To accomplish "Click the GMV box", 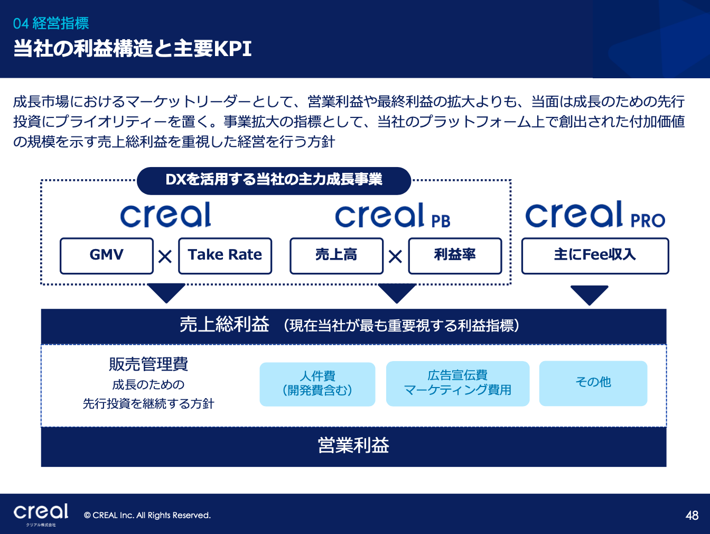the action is tap(106, 256).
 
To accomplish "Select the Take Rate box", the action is tap(225, 256).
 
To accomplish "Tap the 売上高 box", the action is tap(337, 256).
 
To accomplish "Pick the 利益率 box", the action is tap(455, 256).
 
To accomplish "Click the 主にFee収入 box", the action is tap(595, 256).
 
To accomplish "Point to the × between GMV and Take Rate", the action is tap(165, 257).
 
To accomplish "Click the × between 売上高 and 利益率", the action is tap(395, 257).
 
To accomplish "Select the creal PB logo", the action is tap(393, 216).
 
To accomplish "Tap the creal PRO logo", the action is tap(595, 214).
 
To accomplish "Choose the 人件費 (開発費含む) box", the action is tap(317, 384).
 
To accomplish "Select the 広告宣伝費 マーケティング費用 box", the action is tap(457, 383).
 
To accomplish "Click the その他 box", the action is tap(593, 383).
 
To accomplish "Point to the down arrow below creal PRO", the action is tap(590, 294).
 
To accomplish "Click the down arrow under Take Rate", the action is tap(166, 292).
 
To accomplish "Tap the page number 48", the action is tap(692, 515).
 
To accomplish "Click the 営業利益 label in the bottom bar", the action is tap(353, 445).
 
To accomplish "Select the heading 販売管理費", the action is tap(148, 364).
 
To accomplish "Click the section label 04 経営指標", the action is tap(51, 23).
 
